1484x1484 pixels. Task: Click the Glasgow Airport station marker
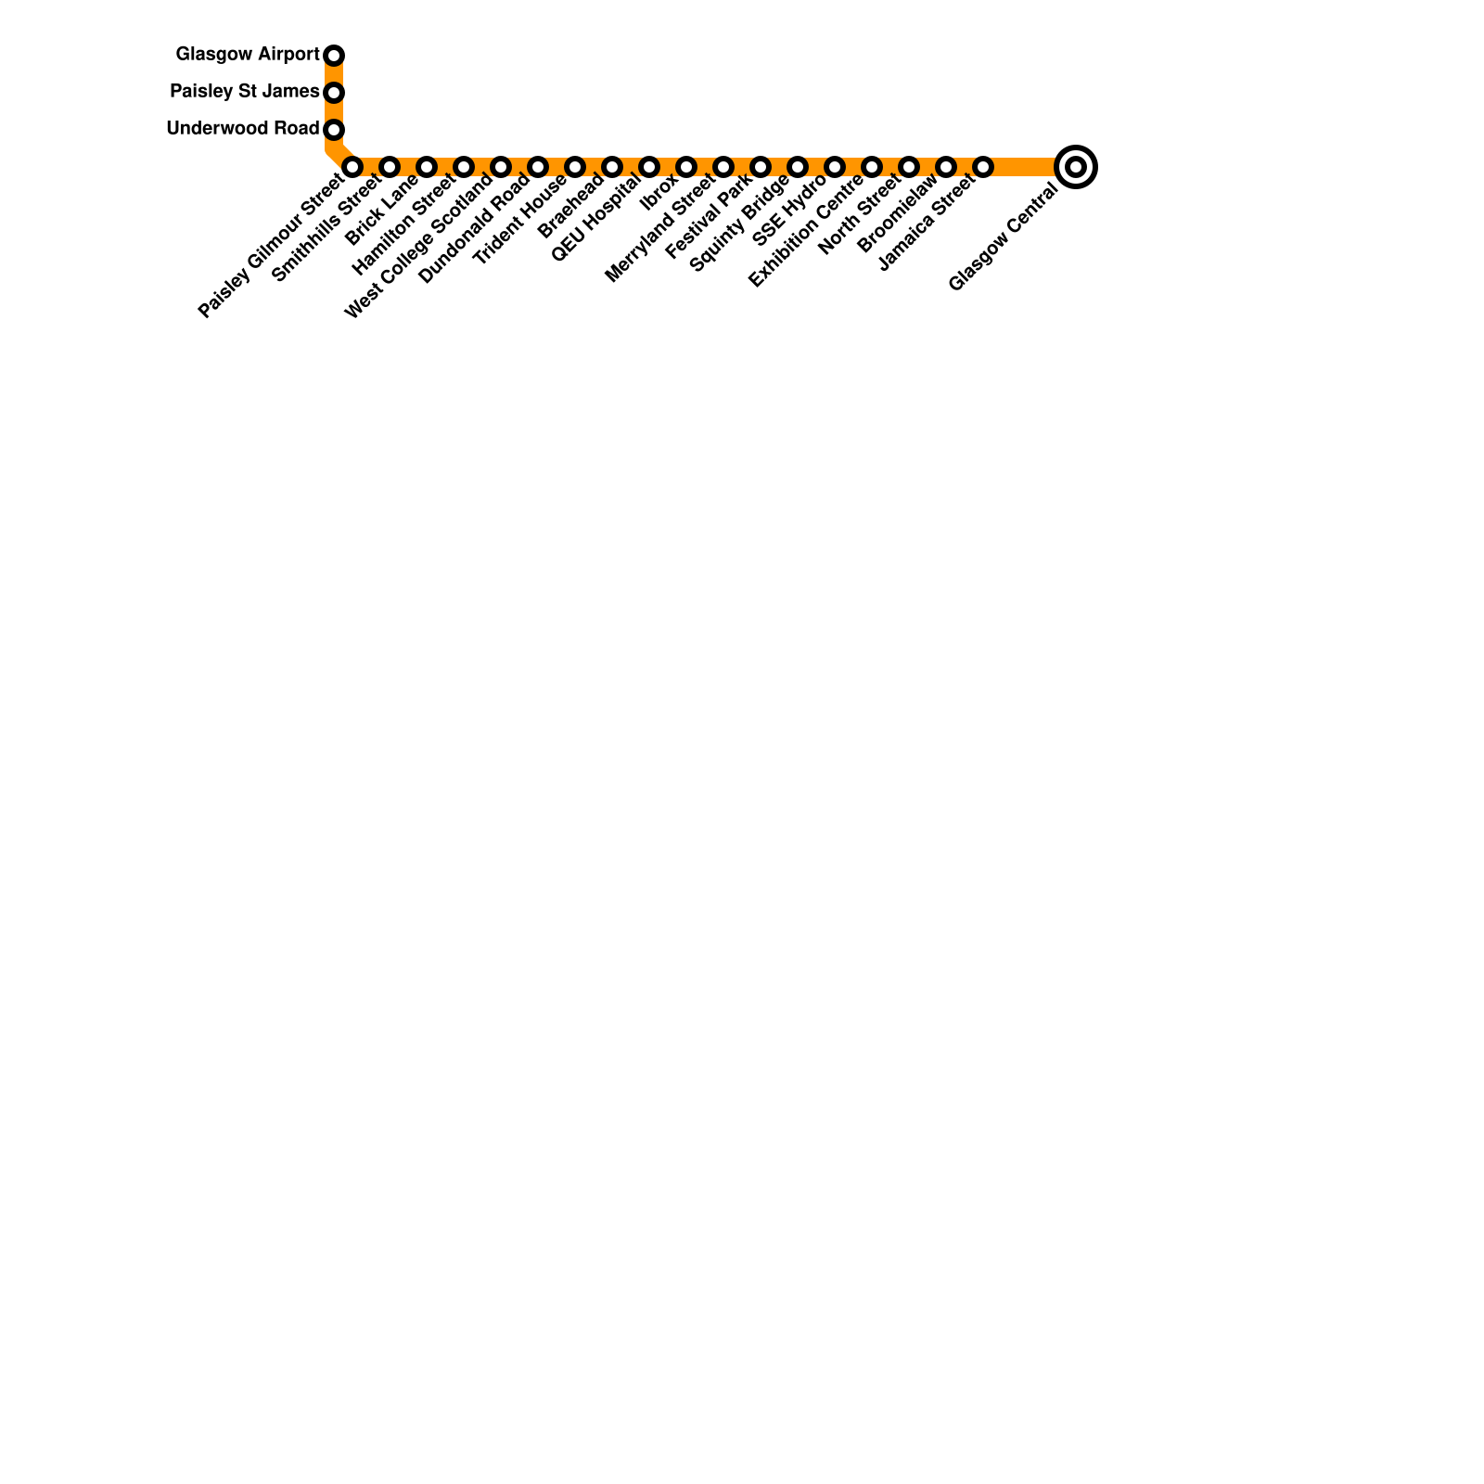pos(334,56)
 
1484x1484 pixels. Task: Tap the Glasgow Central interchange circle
pos(1076,167)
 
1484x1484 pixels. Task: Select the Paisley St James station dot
pos(334,93)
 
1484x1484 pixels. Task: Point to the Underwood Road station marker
pos(334,130)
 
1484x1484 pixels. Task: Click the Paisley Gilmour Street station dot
pos(352,167)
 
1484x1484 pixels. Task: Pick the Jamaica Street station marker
pos(983,167)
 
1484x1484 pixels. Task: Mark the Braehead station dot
pos(612,167)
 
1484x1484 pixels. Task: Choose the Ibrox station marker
pos(686,167)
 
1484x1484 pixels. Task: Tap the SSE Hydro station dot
pos(835,167)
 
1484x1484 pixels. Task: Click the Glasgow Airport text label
pos(248,55)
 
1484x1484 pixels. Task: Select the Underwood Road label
pos(243,129)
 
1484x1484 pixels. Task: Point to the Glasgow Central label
pos(1003,238)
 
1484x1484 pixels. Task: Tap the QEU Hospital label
pos(595,219)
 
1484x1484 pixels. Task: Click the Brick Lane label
pos(381,211)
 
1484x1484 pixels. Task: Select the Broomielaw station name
pos(897,216)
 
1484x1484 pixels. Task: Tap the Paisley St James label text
pos(245,92)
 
